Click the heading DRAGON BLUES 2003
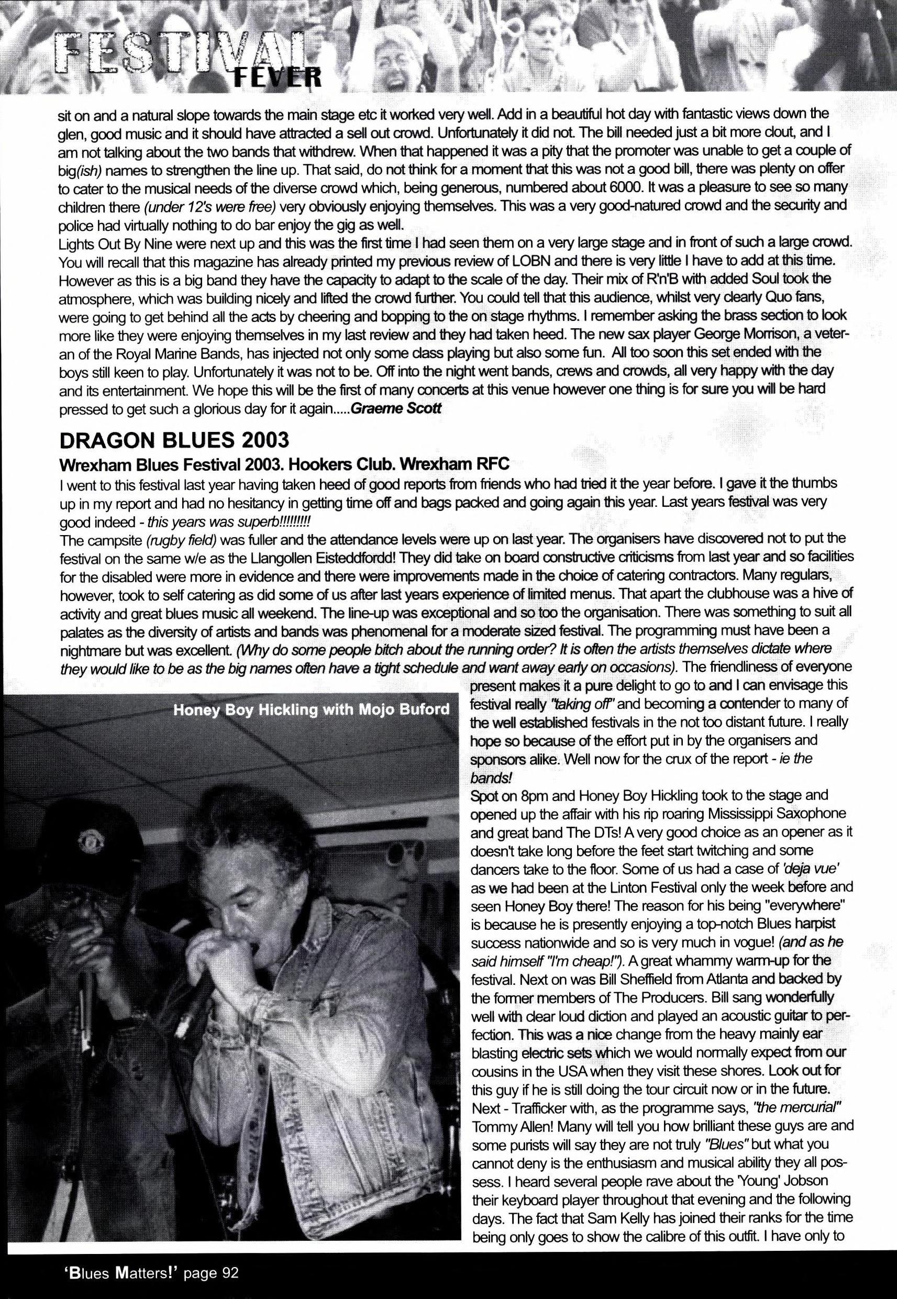coord(174,440)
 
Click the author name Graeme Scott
coord(396,408)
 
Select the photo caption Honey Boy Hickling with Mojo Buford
coord(312,709)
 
